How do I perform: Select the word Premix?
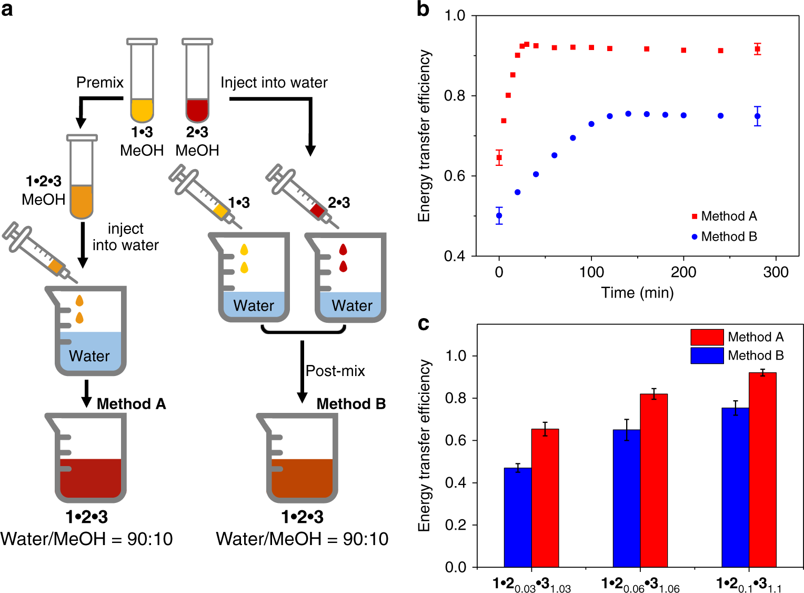click(100, 83)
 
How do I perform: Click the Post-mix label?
click(335, 371)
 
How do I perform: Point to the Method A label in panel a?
click(131, 404)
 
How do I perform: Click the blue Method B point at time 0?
click(499, 215)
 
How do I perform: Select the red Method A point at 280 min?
click(757, 49)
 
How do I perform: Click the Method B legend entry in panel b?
click(725, 237)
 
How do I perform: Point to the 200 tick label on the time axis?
click(684, 272)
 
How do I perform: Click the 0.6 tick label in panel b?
click(455, 176)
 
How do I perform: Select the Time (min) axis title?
click(637, 293)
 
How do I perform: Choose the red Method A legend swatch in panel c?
click(707, 337)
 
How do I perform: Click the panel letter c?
click(424, 323)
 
